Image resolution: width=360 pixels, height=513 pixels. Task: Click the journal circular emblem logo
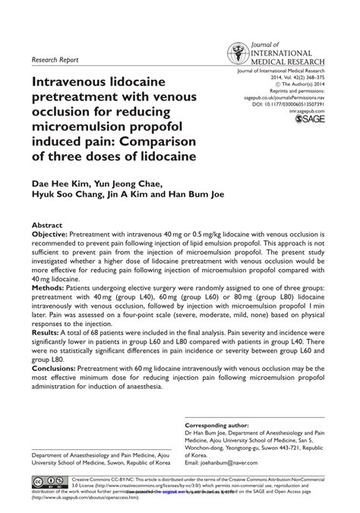tap(237, 52)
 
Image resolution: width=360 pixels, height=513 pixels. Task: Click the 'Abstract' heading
tap(47, 226)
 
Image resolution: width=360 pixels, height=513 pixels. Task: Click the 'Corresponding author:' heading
tap(219, 425)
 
